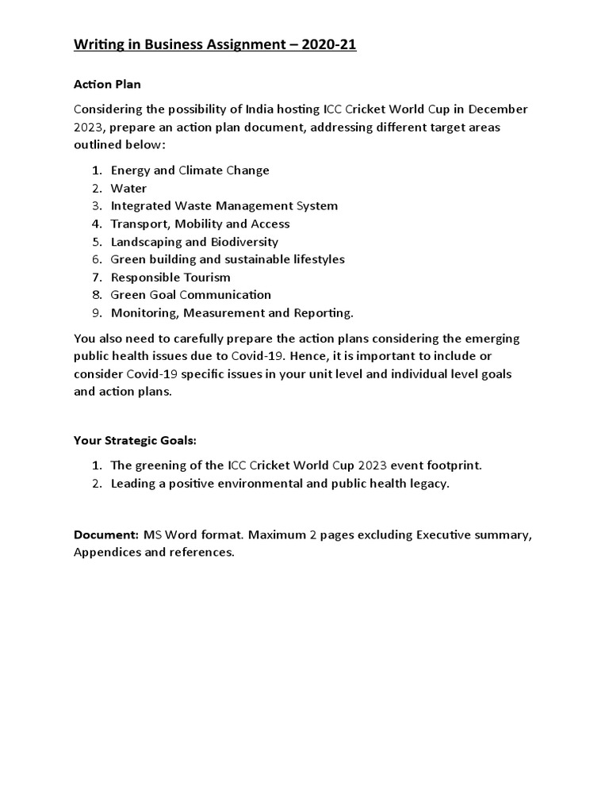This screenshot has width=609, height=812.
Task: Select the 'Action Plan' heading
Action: point(107,84)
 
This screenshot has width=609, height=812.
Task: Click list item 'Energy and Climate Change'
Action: point(190,170)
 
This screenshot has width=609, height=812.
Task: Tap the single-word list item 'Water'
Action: point(128,188)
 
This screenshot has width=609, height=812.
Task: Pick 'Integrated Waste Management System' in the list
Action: point(224,206)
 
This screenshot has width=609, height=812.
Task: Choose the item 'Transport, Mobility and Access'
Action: point(200,224)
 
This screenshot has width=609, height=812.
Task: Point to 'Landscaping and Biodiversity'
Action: point(194,242)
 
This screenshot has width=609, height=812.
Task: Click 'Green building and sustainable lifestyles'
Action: point(228,259)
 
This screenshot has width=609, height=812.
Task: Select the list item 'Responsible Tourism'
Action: point(170,278)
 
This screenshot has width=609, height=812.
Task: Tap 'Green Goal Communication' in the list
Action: point(190,295)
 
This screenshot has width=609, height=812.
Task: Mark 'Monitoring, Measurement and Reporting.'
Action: point(232,313)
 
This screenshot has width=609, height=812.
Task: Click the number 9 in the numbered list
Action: point(96,313)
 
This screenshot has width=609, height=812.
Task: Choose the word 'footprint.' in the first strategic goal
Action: point(452,465)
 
